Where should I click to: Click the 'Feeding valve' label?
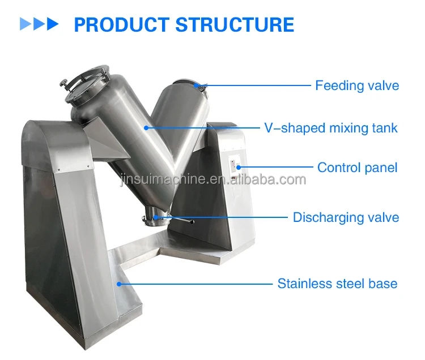(x=357, y=85)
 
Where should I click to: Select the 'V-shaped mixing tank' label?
(x=331, y=128)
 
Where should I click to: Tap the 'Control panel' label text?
(x=357, y=168)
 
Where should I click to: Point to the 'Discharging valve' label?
(x=346, y=217)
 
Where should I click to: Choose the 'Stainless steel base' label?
(x=338, y=284)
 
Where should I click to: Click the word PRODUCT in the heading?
(x=122, y=25)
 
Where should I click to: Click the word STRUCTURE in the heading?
(x=235, y=25)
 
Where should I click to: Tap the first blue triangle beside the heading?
(x=25, y=24)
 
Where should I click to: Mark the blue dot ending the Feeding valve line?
(x=196, y=85)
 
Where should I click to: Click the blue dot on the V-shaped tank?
(x=146, y=128)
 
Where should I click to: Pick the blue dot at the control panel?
(x=239, y=168)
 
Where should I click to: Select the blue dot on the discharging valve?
(x=156, y=217)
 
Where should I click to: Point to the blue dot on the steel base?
(x=119, y=284)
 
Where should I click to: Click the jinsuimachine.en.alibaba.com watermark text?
(x=213, y=179)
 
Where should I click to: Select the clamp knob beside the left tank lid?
(x=64, y=83)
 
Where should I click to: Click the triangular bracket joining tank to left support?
(x=107, y=139)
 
